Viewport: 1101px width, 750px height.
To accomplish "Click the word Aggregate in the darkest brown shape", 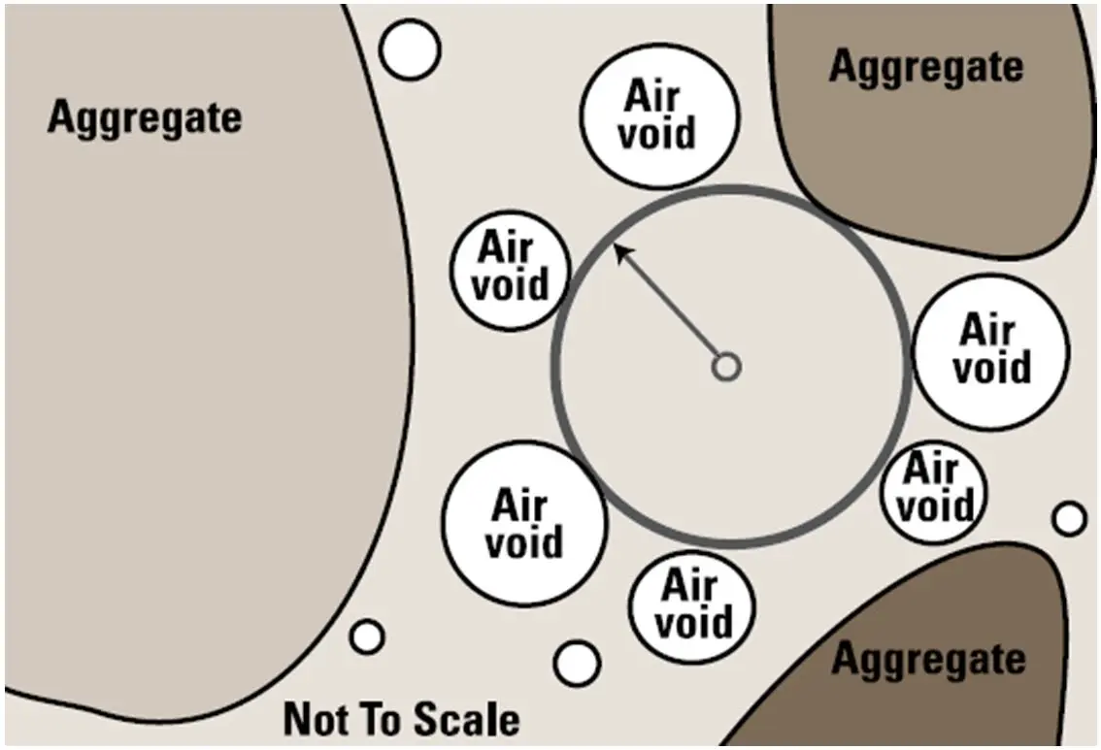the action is (x=929, y=661).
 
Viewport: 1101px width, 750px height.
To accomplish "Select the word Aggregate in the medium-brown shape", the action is (x=926, y=68).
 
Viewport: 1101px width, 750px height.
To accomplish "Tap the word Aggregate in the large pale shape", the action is (x=145, y=117).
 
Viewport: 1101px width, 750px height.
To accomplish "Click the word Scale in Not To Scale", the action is (x=466, y=719).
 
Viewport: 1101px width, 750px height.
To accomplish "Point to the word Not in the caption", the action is (x=316, y=719).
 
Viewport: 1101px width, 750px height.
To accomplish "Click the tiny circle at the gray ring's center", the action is (x=727, y=367).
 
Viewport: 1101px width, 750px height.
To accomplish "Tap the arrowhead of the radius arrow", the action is (x=622, y=251).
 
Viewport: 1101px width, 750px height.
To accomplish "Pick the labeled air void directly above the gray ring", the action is (x=659, y=116).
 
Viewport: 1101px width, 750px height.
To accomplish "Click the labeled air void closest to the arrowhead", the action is (x=511, y=270).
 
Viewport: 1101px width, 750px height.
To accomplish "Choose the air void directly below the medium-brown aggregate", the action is (x=991, y=351).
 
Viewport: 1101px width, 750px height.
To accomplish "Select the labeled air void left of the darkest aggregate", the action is (x=692, y=607).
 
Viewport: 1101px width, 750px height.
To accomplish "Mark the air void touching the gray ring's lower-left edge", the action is (x=524, y=523).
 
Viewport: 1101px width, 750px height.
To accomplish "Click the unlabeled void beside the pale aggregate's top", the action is (x=410, y=49).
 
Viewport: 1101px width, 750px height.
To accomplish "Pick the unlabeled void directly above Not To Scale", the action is (x=367, y=637).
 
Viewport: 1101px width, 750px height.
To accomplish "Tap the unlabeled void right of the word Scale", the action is (x=577, y=664).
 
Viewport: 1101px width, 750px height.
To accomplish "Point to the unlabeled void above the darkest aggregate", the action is (x=1069, y=519).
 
